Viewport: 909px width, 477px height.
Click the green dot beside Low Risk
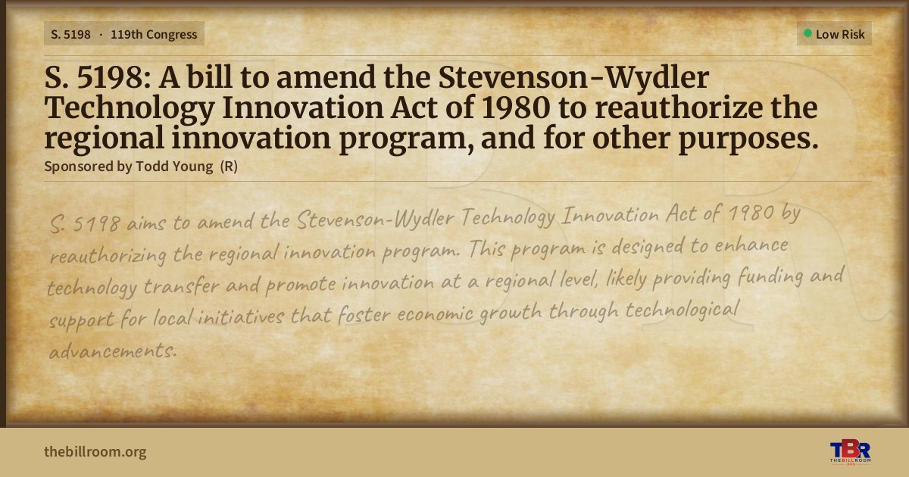(x=807, y=33)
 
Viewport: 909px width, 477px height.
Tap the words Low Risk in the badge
(x=840, y=35)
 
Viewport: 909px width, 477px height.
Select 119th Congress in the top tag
(x=154, y=35)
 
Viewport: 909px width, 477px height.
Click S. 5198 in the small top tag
(x=70, y=35)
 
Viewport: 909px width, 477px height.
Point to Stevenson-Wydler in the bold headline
(x=573, y=78)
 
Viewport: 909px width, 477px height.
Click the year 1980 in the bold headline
(x=516, y=108)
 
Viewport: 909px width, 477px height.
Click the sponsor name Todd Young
(x=174, y=167)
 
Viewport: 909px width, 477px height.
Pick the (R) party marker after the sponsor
(x=229, y=167)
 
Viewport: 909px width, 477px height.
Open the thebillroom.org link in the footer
(x=95, y=452)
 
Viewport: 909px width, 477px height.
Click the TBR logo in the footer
(x=850, y=452)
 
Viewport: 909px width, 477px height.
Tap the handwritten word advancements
(x=113, y=351)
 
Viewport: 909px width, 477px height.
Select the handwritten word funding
(x=770, y=277)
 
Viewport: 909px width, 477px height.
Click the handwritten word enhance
(x=751, y=245)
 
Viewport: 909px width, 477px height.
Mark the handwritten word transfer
(x=181, y=286)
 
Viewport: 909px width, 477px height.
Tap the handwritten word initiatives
(x=241, y=316)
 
